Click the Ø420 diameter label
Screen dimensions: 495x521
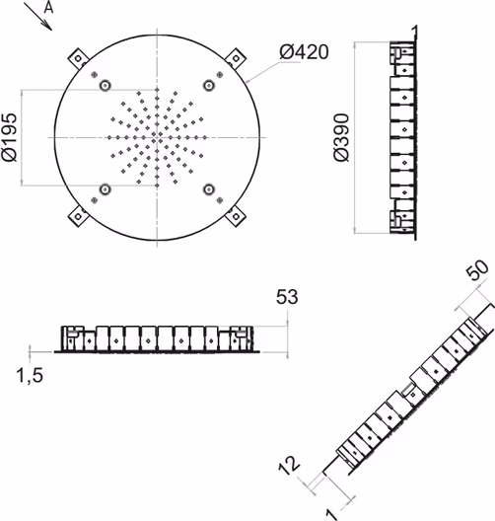coord(304,52)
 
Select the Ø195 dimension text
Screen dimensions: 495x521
coord(9,137)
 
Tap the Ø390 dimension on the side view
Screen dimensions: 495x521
coord(341,137)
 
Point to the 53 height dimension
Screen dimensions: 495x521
coord(287,297)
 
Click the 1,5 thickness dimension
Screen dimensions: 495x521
coord(30,376)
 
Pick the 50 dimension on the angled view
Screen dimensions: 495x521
coord(477,269)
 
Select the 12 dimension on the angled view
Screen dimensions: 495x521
coord(289,465)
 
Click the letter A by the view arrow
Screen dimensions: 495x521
coord(48,7)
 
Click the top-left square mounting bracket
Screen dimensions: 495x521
coord(78,59)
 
